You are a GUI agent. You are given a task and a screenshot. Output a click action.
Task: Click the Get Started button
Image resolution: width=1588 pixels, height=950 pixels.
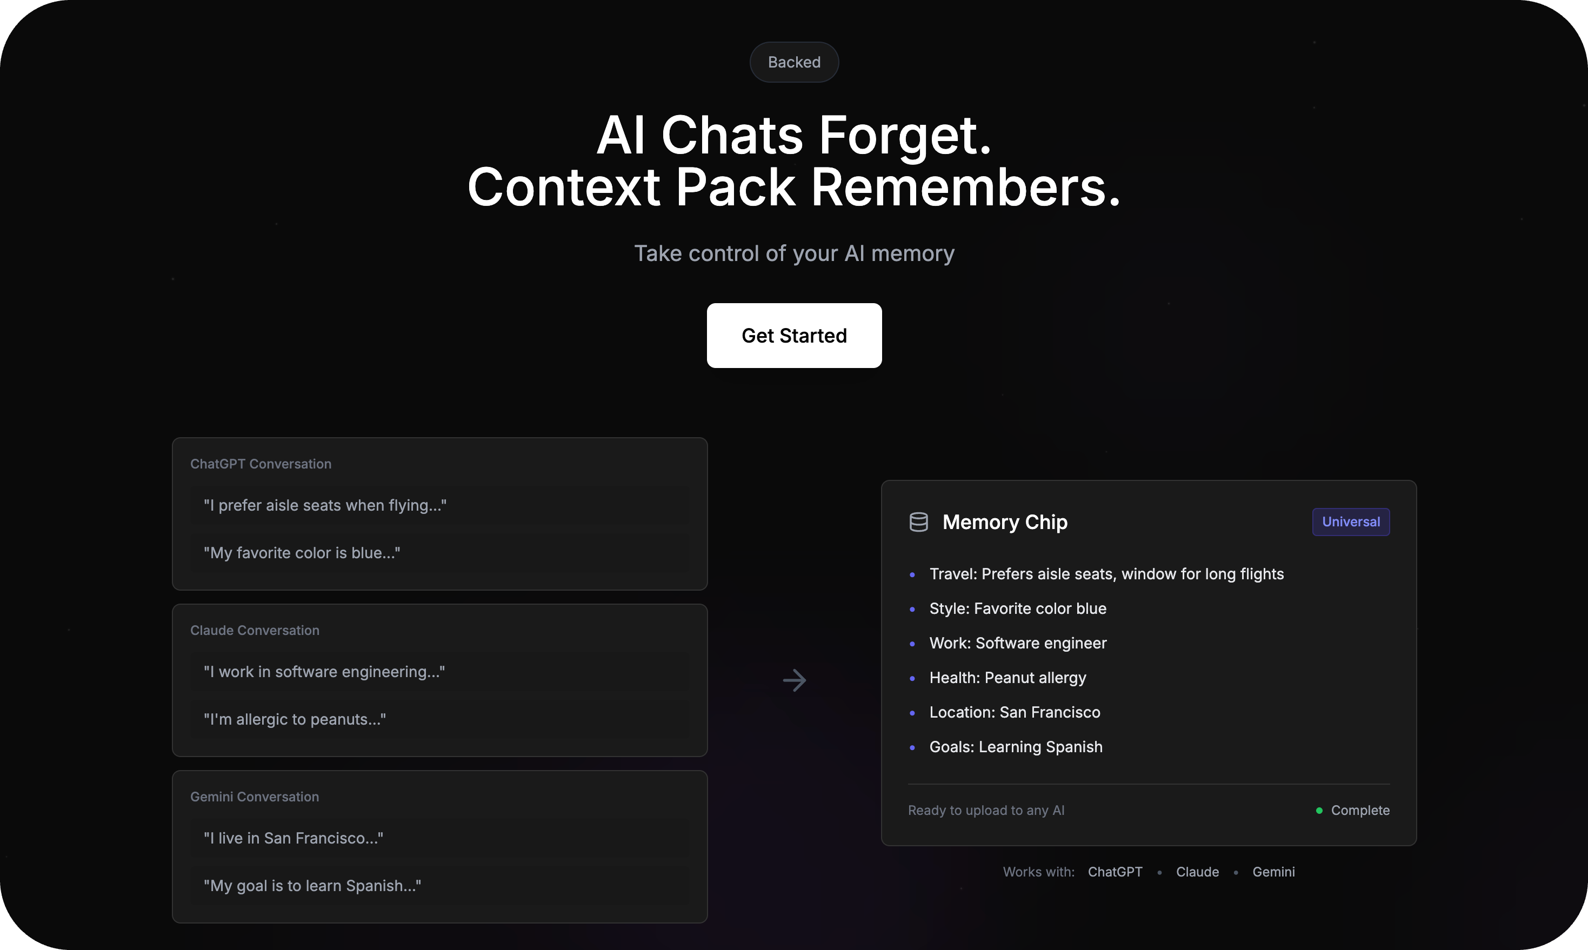coord(794,336)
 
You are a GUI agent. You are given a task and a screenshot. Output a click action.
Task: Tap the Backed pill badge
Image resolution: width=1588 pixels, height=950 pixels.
coord(794,62)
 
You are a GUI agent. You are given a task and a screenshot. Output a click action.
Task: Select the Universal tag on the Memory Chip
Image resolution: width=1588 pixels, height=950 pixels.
coord(1350,521)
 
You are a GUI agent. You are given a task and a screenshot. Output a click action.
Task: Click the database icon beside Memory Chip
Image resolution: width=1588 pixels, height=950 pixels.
coord(918,523)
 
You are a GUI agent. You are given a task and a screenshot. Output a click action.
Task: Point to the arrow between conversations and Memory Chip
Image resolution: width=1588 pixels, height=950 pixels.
coord(795,680)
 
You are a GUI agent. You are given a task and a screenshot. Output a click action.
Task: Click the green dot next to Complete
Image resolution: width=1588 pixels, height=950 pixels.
coord(1319,811)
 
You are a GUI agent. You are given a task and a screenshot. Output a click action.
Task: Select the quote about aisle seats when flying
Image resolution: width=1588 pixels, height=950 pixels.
coord(325,505)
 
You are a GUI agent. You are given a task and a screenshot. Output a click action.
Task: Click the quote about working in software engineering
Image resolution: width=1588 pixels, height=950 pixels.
coord(324,672)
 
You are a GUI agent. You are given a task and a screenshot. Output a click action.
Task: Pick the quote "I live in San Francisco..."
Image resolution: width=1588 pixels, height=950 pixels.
coord(293,838)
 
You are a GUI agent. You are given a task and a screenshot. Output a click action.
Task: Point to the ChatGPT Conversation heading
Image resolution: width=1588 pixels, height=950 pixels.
coord(261,464)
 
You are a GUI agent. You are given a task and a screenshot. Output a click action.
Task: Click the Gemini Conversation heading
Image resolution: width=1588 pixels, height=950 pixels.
coord(254,797)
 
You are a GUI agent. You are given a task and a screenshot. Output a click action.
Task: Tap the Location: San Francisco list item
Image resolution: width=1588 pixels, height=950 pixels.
coord(1015,712)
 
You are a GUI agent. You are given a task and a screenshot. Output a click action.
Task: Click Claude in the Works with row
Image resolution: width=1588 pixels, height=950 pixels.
coord(1197,872)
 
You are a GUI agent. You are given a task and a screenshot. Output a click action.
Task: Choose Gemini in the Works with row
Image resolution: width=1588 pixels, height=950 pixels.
coord(1273,872)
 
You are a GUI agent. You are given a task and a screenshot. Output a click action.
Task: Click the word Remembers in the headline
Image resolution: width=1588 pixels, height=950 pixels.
coord(965,187)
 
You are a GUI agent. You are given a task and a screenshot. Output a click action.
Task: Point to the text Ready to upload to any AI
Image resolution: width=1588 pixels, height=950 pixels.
coord(986,811)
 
